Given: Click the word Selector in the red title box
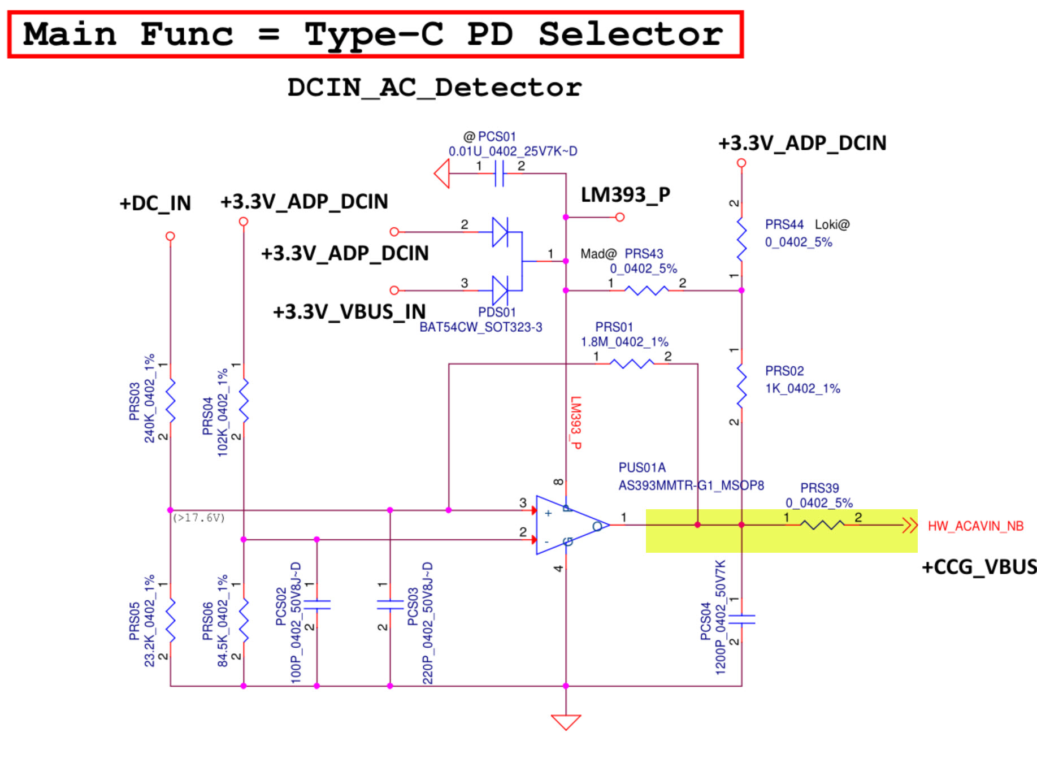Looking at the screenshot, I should tap(630, 34).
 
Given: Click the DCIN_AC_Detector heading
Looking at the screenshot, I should tap(434, 88).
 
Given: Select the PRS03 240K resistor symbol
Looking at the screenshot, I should tap(170, 401).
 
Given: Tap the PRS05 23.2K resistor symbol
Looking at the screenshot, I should tap(170, 621).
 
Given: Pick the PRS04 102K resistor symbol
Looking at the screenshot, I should tap(244, 401).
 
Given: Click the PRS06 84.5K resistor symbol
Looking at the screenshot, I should tap(244, 621).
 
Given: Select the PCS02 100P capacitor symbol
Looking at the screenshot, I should tap(316, 605).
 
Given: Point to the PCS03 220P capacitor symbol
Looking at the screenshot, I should tap(390, 605).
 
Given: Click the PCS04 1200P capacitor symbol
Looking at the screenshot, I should tap(741, 619).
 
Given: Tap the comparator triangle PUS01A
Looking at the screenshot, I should tap(568, 525).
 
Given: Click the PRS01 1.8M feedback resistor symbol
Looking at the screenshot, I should tap(632, 364).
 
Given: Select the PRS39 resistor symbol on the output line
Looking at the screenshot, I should tap(822, 525).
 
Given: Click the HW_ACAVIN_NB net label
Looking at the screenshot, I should tap(975, 526).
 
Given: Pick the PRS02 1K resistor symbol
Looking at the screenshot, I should tap(741, 386).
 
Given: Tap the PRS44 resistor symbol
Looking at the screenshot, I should tap(741, 240).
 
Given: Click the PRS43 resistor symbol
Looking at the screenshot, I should tap(646, 291).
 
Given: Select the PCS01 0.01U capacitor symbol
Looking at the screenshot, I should tap(499, 173).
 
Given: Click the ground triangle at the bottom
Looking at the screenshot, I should tap(566, 722).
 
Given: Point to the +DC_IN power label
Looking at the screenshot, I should tap(155, 203).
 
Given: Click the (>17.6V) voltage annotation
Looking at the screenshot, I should tap(199, 518).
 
